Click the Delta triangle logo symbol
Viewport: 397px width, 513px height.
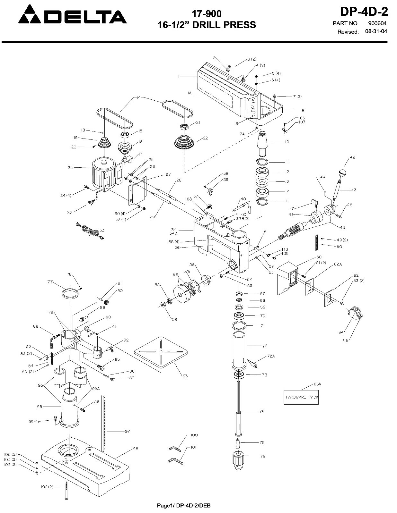[31, 15]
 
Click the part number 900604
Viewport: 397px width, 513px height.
[377, 23]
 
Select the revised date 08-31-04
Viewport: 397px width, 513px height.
[376, 31]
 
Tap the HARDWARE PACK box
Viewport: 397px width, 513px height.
[302, 397]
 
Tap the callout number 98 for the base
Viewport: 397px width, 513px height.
[136, 449]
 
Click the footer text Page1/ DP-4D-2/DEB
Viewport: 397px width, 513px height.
[184, 506]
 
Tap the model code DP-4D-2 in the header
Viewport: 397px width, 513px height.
[364, 12]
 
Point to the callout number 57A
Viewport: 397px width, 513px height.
[187, 271]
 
